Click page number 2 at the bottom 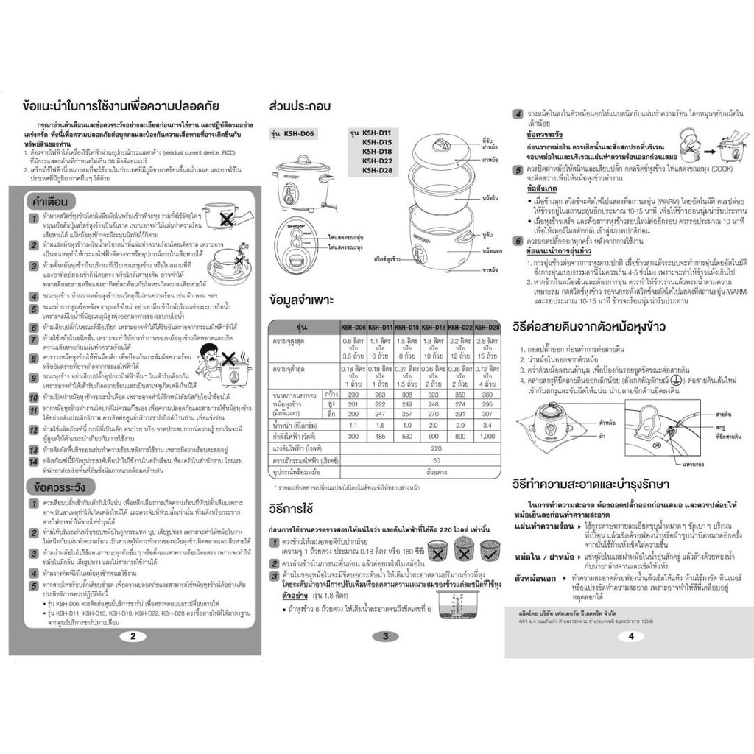pos(132,637)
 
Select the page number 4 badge pos(630,637)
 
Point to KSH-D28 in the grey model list pos(376,170)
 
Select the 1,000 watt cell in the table pos(487,437)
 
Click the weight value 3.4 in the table pos(487,425)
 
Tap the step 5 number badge pos(518,169)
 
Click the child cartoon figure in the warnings pos(211,359)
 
